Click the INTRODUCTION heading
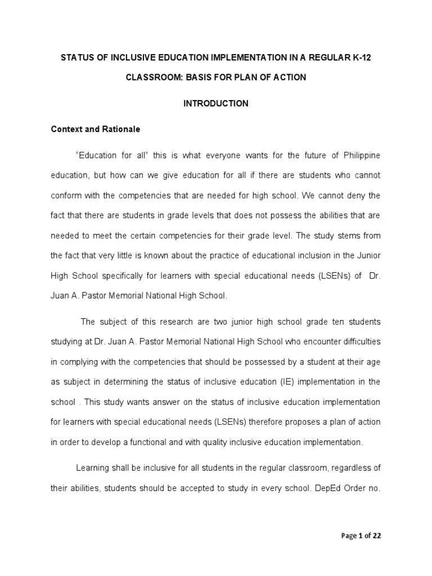point(216,103)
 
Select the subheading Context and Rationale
point(95,129)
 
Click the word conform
point(66,196)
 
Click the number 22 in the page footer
point(376,535)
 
